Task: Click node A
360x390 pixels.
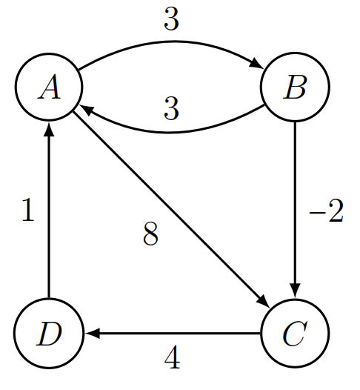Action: (x=49, y=89)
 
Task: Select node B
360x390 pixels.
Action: (x=295, y=89)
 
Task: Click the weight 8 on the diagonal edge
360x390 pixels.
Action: (x=150, y=236)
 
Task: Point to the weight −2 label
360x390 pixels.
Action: (x=326, y=213)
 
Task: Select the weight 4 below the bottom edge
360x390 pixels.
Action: (x=172, y=360)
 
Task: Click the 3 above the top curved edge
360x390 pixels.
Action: (x=172, y=21)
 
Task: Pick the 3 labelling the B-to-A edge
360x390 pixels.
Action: (x=172, y=111)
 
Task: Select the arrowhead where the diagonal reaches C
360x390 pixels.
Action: (x=264, y=304)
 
